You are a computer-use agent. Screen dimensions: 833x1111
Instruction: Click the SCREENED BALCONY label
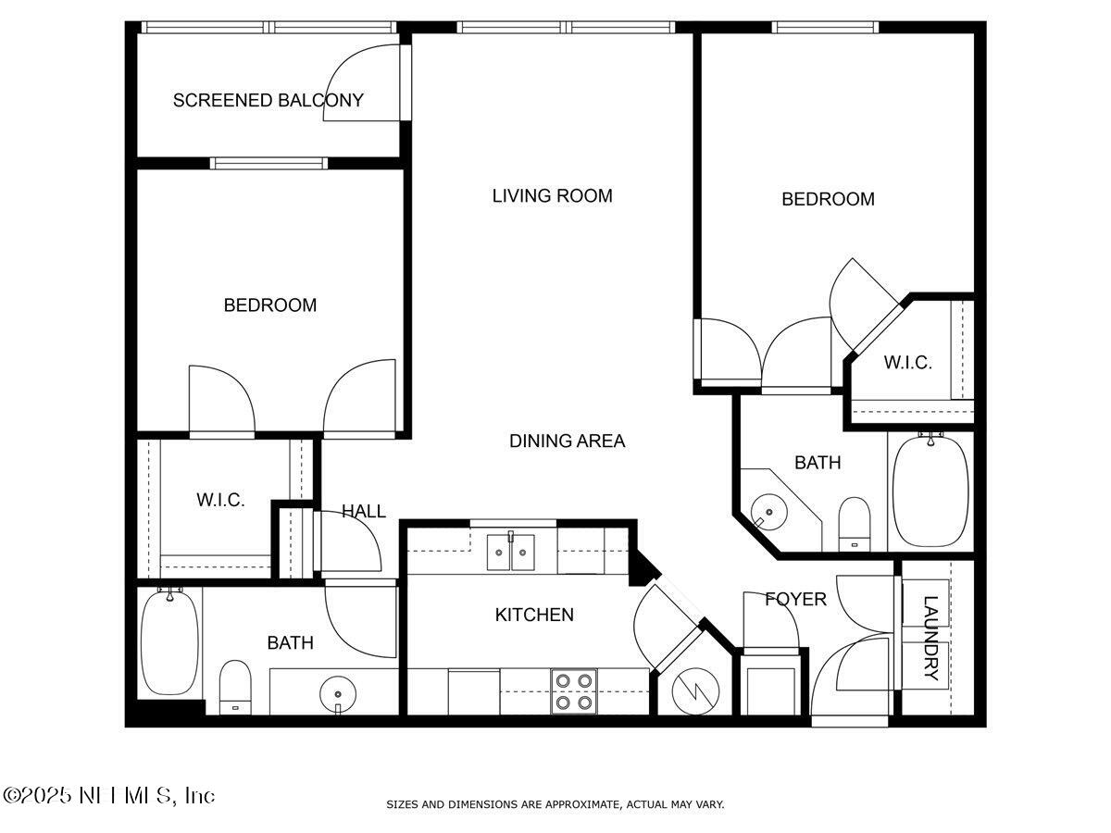point(268,100)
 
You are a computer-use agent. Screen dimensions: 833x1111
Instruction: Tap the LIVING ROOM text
point(552,195)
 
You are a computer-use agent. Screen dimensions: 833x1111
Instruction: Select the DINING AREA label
point(567,441)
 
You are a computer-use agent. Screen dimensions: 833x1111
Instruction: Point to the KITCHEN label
point(534,615)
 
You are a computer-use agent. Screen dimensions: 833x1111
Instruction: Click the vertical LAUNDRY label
point(930,638)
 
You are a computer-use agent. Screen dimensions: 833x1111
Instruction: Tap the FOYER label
point(795,600)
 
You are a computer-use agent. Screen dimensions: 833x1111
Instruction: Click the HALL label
point(363,511)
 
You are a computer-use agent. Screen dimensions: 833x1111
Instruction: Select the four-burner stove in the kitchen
point(573,691)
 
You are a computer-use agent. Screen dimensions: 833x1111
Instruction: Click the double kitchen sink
point(511,553)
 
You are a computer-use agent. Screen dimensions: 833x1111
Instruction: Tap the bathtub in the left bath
point(169,643)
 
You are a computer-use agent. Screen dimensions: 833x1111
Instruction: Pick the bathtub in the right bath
point(930,491)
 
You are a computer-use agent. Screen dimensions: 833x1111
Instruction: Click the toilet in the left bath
point(235,687)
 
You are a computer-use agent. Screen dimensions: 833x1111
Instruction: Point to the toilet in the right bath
point(854,523)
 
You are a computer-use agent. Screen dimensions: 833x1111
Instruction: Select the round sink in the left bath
point(337,692)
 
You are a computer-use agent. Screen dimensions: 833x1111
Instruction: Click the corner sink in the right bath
point(768,510)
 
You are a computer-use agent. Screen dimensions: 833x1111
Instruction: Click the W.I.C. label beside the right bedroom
point(907,363)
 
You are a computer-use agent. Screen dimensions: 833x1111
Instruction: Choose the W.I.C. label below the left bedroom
point(220,500)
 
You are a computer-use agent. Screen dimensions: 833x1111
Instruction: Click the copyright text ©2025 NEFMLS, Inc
point(109,795)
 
